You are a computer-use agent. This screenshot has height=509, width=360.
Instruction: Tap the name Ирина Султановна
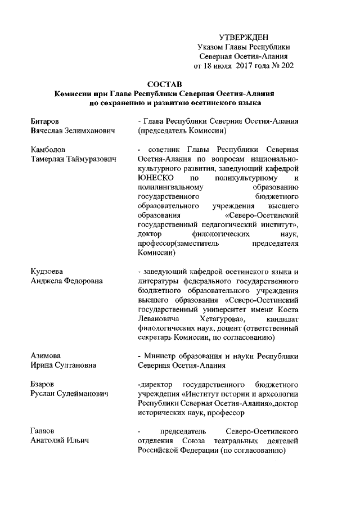click(63, 366)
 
